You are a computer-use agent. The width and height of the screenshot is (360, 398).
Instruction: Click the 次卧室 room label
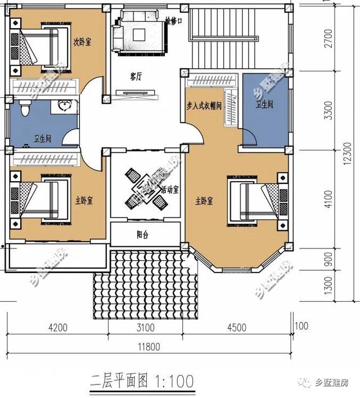pyautogui.click(x=83, y=41)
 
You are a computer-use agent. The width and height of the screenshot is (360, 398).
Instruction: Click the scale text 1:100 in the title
pyautogui.click(x=172, y=382)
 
